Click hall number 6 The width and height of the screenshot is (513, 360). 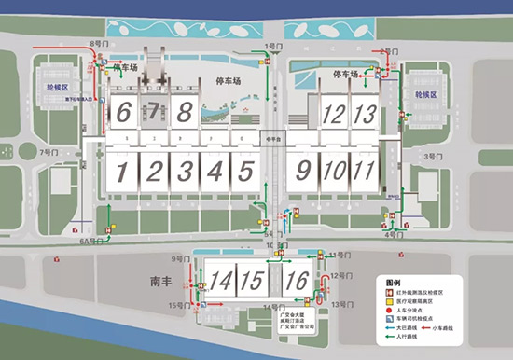pyautogui.click(x=124, y=113)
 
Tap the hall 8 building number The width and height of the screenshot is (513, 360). pyautogui.click(x=186, y=113)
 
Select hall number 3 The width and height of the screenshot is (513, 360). pyautogui.click(x=186, y=172)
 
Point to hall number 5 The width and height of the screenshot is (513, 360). pyautogui.click(x=245, y=172)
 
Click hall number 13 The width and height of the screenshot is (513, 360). pyautogui.click(x=366, y=115)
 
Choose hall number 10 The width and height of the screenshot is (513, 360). pyautogui.click(x=334, y=172)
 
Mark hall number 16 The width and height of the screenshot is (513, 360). pyautogui.click(x=298, y=280)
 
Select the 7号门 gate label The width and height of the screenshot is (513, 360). pyautogui.click(x=49, y=151)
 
